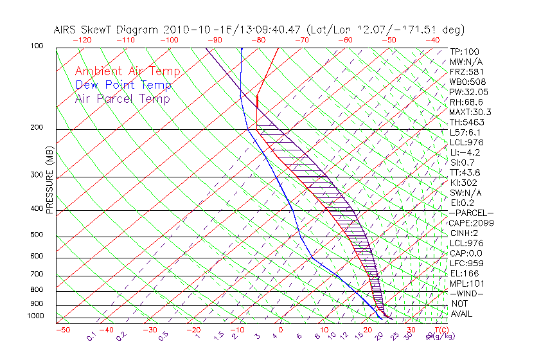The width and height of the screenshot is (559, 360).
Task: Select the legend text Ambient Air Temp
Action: (127, 71)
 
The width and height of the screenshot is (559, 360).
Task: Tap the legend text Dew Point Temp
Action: (123, 85)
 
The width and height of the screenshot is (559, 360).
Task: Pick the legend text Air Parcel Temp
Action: (122, 98)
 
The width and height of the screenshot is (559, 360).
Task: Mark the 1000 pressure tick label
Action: (36, 316)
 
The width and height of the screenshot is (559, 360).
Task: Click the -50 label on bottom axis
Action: (62, 330)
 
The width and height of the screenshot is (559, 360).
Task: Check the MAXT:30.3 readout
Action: (470, 112)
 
